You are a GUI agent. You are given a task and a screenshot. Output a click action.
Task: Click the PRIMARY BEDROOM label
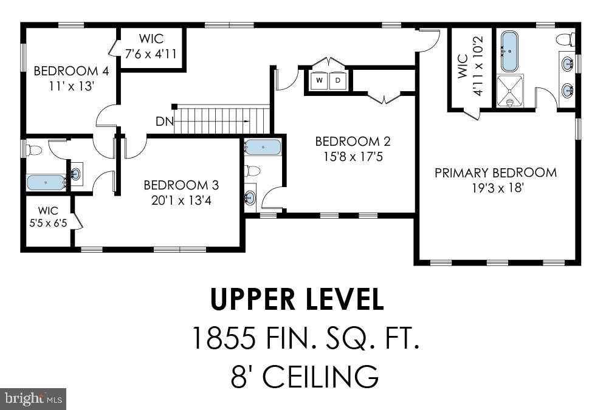tap(495, 173)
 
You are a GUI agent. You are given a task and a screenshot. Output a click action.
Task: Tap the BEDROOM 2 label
tap(353, 142)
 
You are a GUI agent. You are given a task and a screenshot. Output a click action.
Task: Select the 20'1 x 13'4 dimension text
tap(181, 200)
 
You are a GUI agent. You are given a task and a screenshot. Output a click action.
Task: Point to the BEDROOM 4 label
tap(72, 71)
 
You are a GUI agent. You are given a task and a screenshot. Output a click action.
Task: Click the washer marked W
tap(320, 80)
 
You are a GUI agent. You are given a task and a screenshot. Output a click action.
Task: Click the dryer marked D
tap(338, 80)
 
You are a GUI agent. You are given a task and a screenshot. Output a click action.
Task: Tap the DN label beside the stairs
tap(165, 121)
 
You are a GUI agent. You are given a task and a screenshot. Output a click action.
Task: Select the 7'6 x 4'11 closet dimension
tap(151, 53)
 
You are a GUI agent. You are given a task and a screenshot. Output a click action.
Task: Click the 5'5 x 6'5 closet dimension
tap(48, 223)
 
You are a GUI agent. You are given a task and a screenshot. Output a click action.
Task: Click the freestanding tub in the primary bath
tap(510, 52)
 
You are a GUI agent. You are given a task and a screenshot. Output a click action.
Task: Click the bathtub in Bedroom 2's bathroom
tap(263, 147)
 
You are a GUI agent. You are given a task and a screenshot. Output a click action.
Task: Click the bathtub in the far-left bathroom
tap(46, 182)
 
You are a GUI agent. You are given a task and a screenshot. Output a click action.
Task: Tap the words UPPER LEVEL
tap(297, 299)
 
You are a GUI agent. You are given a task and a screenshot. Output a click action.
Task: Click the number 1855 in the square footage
tap(224, 338)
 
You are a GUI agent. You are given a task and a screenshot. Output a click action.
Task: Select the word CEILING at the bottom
tap(320, 376)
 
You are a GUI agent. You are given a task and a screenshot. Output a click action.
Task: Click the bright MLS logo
tap(33, 398)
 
